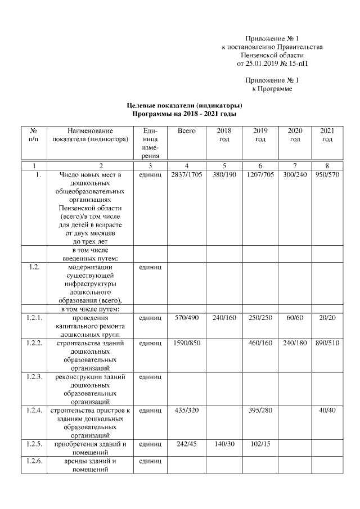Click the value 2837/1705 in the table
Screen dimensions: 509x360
[186, 175]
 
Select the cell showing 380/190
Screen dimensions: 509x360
[224, 175]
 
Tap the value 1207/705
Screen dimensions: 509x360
[260, 175]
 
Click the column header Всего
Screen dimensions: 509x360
[186, 130]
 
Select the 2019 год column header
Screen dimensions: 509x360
[260, 134]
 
